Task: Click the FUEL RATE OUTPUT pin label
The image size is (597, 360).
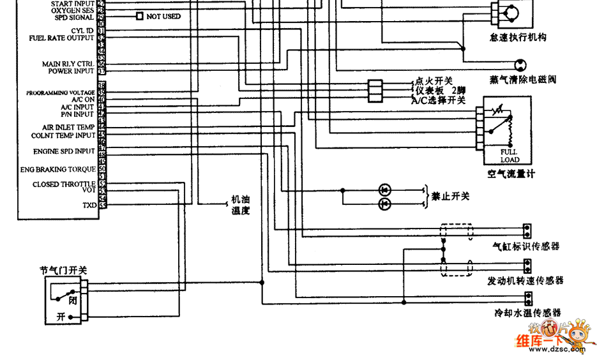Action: pyautogui.click(x=61, y=38)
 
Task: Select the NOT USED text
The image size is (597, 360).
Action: pyautogui.click(x=163, y=16)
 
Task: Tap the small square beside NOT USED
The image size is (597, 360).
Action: pyautogui.click(x=140, y=16)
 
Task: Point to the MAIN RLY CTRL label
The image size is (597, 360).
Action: pyautogui.click(x=68, y=64)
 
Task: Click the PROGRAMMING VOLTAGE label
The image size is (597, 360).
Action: pyautogui.click(x=60, y=93)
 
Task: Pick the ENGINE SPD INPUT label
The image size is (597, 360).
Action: pyautogui.click(x=64, y=152)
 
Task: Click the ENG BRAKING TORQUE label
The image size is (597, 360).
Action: pyautogui.click(x=57, y=170)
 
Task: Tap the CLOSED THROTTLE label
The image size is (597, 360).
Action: pyautogui.click(x=64, y=184)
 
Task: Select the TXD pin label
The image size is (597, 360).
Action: pyautogui.click(x=89, y=206)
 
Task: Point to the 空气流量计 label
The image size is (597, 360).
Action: pyautogui.click(x=510, y=174)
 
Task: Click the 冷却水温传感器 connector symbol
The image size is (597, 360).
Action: pyautogui.click(x=528, y=298)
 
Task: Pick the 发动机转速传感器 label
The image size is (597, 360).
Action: pyautogui.click(x=525, y=281)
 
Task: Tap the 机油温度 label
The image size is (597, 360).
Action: pyautogui.click(x=241, y=204)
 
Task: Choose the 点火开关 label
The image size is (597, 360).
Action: pyautogui.click(x=434, y=81)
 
